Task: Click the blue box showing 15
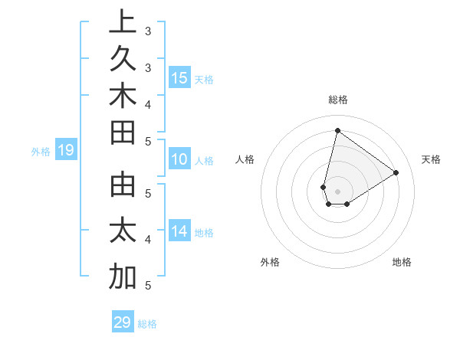click(x=179, y=77)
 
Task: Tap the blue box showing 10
click(x=179, y=159)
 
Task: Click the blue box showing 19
click(x=65, y=150)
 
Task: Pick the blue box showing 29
click(x=123, y=322)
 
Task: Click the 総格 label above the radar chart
click(x=337, y=100)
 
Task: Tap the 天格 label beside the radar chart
click(x=431, y=159)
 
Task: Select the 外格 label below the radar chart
click(x=270, y=262)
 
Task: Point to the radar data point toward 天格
click(x=396, y=172)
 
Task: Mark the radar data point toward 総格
click(x=337, y=131)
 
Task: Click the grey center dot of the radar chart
click(x=337, y=191)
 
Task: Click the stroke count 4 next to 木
click(x=148, y=103)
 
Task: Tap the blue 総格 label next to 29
click(x=147, y=324)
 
